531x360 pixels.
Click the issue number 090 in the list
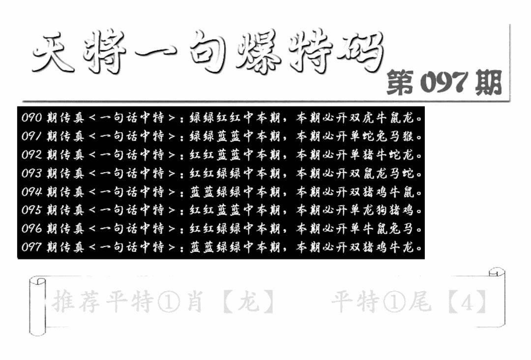(31, 118)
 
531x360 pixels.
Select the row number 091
(31, 136)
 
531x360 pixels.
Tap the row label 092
(31, 155)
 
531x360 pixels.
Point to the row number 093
(31, 174)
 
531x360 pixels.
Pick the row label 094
(31, 192)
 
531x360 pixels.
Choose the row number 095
(31, 210)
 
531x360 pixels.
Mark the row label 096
(31, 229)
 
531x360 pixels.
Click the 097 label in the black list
(31, 247)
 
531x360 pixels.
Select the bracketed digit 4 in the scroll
(468, 300)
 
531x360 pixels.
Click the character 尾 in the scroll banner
(420, 300)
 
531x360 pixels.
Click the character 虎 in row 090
(368, 118)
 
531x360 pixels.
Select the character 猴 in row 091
(408, 136)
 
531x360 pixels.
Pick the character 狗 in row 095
(381, 210)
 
